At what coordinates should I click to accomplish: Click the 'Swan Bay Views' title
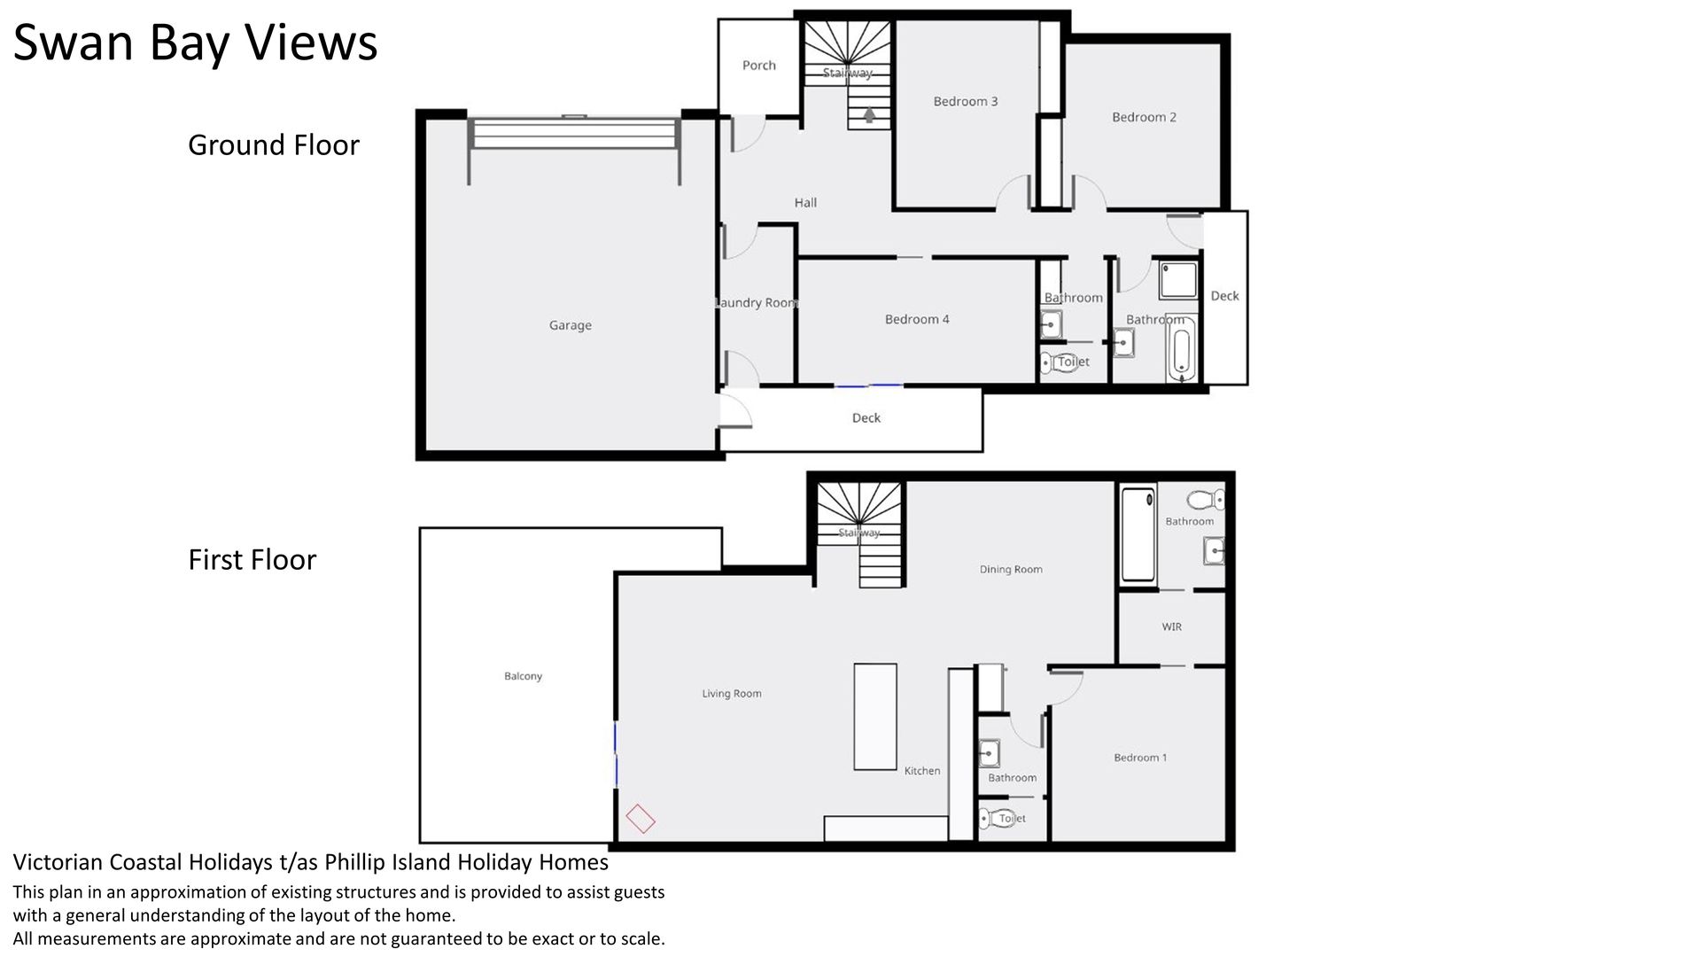[x=195, y=43]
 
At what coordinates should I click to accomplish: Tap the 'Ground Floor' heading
[x=274, y=144]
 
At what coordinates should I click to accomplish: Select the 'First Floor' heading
[x=252, y=559]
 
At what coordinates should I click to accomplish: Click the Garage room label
[x=571, y=325]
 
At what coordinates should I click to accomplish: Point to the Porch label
[x=759, y=65]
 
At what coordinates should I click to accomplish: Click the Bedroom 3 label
[x=966, y=101]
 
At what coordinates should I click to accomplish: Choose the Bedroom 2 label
[x=1145, y=117]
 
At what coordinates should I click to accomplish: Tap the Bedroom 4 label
[x=917, y=319]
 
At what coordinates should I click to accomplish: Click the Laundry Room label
[x=757, y=303]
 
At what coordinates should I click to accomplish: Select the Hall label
[x=805, y=203]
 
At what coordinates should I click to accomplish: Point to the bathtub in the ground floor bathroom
[x=1182, y=352]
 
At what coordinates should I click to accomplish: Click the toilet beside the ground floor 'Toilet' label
[x=1048, y=362]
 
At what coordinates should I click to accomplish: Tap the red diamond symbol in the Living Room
[x=641, y=819]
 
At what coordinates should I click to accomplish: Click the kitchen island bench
[x=875, y=716]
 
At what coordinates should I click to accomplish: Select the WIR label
[x=1172, y=626]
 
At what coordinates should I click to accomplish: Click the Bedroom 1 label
[x=1140, y=758]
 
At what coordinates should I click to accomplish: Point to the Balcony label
[x=523, y=676]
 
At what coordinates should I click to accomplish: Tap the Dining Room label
[x=1011, y=570]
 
